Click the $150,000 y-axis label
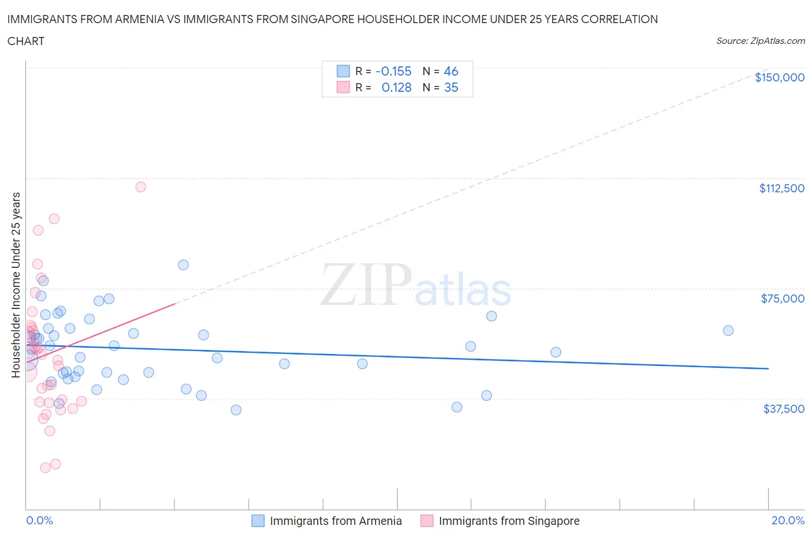(x=779, y=77)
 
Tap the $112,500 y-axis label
(x=781, y=188)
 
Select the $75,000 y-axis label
(x=783, y=299)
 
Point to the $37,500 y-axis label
(x=783, y=409)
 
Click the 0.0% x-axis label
(x=39, y=520)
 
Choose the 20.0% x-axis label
(x=788, y=520)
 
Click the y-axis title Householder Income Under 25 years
(x=16, y=285)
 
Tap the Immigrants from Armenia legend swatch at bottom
(x=258, y=521)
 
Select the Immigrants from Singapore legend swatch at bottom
(x=427, y=521)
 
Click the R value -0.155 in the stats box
(x=393, y=71)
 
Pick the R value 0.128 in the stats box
(x=396, y=87)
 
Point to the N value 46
(x=450, y=71)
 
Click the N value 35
(x=450, y=87)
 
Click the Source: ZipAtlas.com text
(x=760, y=41)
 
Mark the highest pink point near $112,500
(x=140, y=187)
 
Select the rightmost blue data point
(x=728, y=331)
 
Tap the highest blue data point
(x=183, y=265)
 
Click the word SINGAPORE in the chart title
(x=357, y=19)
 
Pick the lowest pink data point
(x=45, y=468)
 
